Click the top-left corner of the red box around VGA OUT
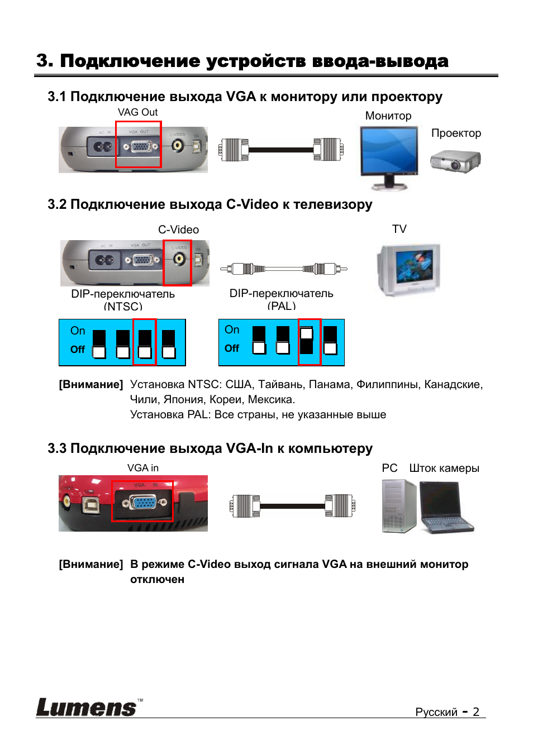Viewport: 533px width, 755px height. tap(116, 121)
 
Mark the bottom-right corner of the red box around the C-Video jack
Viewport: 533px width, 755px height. tap(192, 285)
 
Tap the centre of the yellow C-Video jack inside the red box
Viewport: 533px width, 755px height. tap(178, 259)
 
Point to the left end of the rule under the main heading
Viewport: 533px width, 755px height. tap(35, 75)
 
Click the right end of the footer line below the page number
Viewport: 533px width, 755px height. tap(486, 718)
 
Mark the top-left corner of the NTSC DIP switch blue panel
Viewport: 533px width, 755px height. tap(59, 319)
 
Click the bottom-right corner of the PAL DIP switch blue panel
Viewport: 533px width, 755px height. tap(344, 365)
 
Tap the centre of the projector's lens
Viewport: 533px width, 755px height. tap(455, 165)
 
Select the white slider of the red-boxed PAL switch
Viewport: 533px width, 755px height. tap(307, 334)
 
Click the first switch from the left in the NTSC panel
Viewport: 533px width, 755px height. tap(99, 344)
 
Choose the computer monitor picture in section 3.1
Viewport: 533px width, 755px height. tap(389, 157)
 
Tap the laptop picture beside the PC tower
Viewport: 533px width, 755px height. tap(445, 508)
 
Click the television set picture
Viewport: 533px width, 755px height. tap(408, 269)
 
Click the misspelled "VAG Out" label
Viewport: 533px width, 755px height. tap(137, 112)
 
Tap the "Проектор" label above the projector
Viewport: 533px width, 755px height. tap(456, 133)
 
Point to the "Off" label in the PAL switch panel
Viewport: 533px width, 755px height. tap(232, 348)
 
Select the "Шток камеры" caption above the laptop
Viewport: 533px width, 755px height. tap(444, 468)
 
